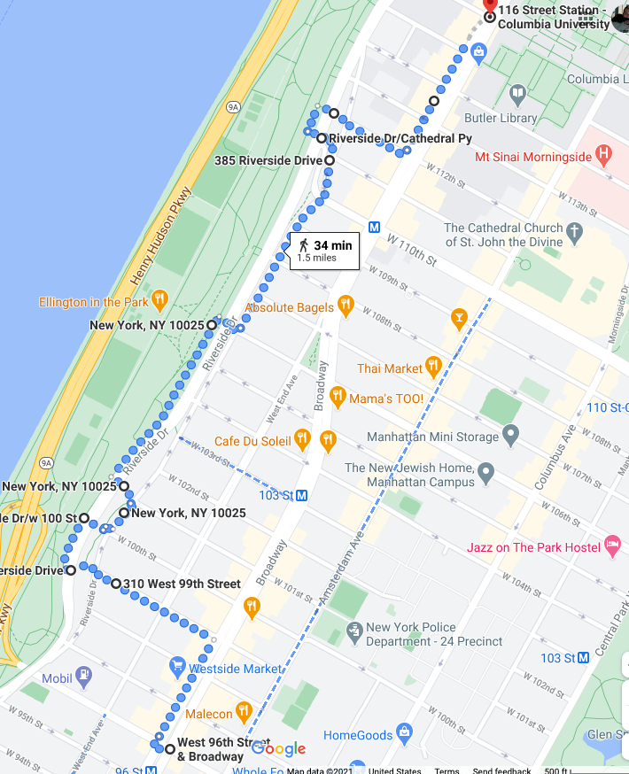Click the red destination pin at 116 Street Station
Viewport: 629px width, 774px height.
point(489,7)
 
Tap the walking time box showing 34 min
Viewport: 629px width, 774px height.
point(325,251)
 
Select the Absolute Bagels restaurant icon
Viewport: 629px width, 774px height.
point(346,307)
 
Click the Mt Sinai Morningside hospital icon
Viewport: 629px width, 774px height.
point(604,157)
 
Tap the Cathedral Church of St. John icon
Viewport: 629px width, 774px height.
point(575,235)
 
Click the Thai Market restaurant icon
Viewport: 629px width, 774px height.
point(432,367)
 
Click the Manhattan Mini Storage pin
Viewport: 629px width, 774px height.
point(510,436)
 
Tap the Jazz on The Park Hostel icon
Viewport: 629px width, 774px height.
point(612,546)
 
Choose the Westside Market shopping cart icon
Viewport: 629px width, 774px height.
point(177,668)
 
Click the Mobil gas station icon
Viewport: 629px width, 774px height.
point(83,677)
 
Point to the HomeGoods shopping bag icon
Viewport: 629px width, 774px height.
point(404,734)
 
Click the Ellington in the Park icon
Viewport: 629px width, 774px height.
point(159,299)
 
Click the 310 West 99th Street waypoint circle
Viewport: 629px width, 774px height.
point(116,584)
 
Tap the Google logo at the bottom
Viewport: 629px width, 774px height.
point(278,749)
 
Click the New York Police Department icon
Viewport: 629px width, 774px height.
point(353,632)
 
